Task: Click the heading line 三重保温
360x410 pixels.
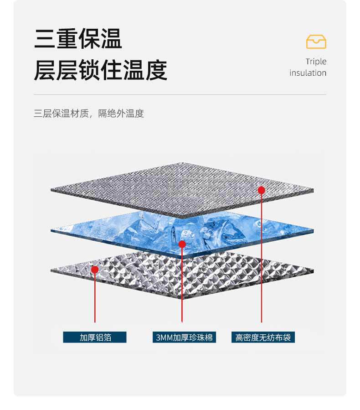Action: [x=78, y=39]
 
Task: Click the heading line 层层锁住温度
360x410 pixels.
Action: [x=100, y=70]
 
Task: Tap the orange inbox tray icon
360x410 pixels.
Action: [x=316, y=42]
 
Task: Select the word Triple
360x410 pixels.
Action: [x=316, y=62]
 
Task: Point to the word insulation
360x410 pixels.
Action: [x=308, y=73]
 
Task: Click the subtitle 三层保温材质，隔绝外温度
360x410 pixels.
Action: [x=89, y=114]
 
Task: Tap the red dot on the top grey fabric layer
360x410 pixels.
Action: [x=262, y=190]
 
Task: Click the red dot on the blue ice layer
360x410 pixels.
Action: [x=182, y=244]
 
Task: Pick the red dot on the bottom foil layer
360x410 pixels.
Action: [x=95, y=270]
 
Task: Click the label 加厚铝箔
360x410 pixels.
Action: [x=95, y=337]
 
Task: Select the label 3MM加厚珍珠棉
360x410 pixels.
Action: [x=184, y=337]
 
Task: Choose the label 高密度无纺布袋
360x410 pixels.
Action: [x=263, y=337]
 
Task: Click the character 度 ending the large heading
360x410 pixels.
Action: [x=156, y=70]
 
